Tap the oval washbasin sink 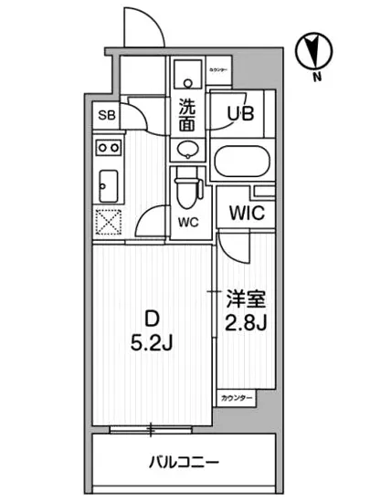coord(187,149)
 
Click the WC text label coord(187,221)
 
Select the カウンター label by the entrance coord(218,70)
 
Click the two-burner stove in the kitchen coord(109,146)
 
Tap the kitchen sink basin coord(108,184)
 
